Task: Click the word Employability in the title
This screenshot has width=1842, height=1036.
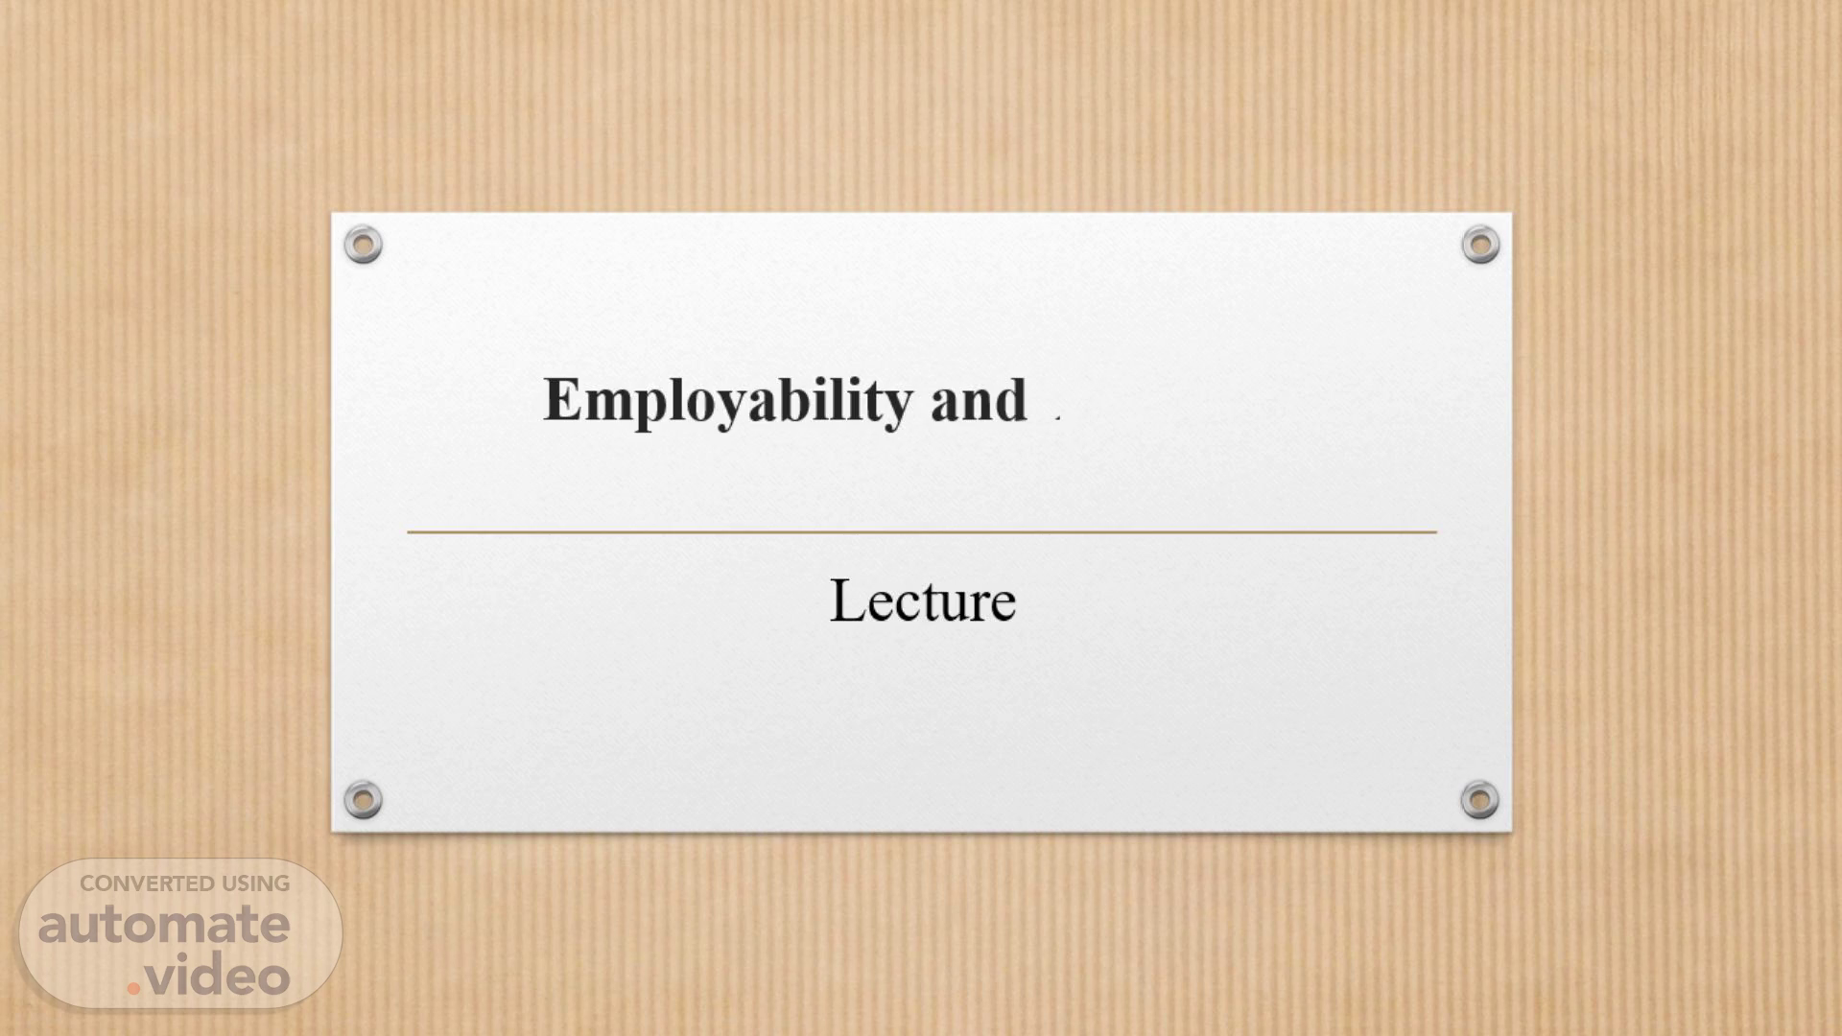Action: click(728, 401)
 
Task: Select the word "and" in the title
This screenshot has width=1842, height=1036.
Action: click(979, 400)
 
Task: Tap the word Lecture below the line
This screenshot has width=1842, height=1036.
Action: click(922, 600)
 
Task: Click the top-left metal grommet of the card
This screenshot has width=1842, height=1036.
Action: click(363, 245)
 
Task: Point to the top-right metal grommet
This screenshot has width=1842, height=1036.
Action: click(1480, 245)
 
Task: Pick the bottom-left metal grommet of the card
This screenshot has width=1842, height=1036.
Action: click(363, 799)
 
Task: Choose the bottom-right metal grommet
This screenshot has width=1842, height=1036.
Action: click(1479, 799)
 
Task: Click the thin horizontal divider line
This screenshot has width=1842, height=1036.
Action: click(922, 530)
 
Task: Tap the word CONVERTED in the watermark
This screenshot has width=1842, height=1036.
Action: click(147, 883)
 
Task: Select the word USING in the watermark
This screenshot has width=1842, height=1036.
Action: click(256, 883)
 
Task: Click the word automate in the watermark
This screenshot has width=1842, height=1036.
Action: click(164, 925)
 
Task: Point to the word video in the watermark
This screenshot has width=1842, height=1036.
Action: click(218, 976)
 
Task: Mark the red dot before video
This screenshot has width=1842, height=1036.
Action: click(133, 987)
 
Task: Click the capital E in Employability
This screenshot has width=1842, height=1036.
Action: click(563, 399)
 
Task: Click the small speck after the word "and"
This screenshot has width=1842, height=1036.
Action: click(1057, 417)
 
